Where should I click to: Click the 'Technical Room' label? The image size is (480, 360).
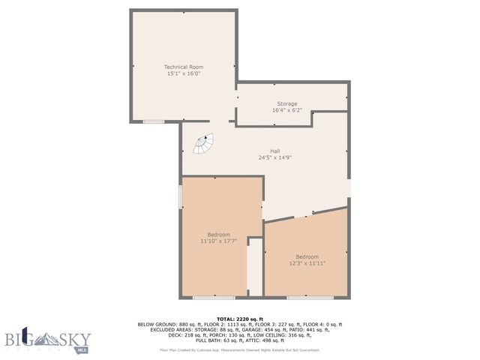[184, 67]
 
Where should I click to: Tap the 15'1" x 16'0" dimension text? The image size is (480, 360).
[184, 74]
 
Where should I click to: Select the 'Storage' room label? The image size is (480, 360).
[287, 103]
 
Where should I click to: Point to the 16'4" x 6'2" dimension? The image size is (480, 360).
[287, 110]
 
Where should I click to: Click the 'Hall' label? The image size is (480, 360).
[264, 151]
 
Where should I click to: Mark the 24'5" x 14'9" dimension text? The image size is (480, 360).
[264, 157]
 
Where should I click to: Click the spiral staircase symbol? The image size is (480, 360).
[203, 143]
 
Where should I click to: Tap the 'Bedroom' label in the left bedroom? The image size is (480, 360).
[219, 235]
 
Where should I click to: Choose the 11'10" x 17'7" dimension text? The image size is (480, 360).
[219, 241]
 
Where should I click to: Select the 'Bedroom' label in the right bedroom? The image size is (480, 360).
[307, 256]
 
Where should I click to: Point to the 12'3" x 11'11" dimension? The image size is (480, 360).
[307, 263]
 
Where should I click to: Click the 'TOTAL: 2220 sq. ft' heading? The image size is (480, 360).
[240, 319]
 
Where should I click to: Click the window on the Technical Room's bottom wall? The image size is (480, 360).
[154, 121]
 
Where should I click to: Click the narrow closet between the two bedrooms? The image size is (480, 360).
[255, 267]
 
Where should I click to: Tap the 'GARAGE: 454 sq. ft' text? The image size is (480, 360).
[281, 330]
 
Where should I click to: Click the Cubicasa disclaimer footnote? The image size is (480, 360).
[240, 349]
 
